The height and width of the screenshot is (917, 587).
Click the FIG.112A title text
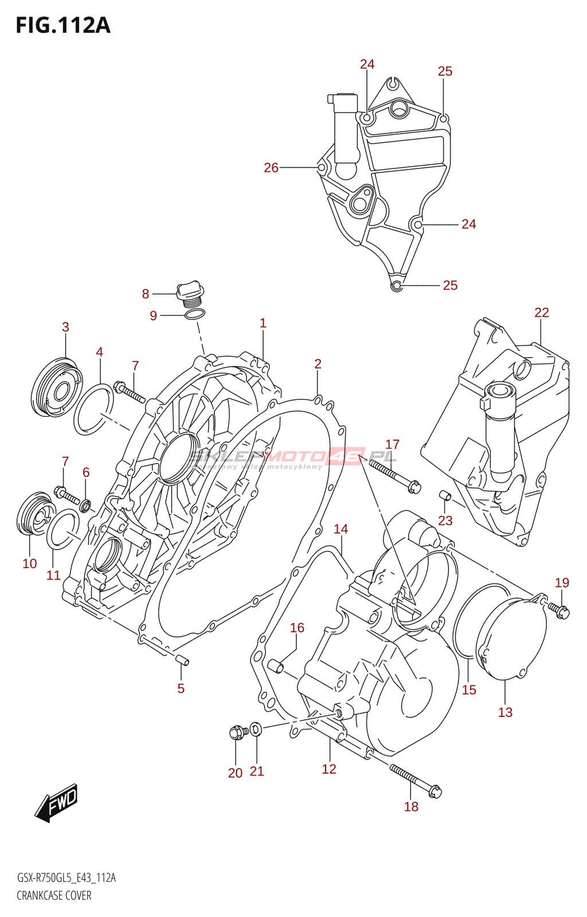pyautogui.click(x=63, y=26)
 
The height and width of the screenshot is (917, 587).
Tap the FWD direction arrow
pyautogui.click(x=56, y=802)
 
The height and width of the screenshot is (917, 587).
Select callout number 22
pyautogui.click(x=541, y=313)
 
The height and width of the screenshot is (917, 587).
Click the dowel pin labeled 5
pyautogui.click(x=182, y=660)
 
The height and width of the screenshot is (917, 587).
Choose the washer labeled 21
pyautogui.click(x=256, y=729)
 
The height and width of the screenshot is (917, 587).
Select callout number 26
pyautogui.click(x=271, y=168)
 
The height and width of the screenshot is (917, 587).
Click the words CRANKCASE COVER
pyautogui.click(x=54, y=895)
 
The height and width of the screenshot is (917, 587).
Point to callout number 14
pyautogui.click(x=341, y=529)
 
